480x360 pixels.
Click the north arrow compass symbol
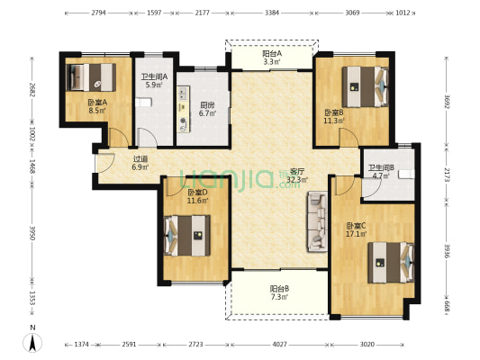coord(32,343)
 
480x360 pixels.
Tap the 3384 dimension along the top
coord(272,13)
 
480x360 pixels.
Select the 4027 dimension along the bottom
coord(279,345)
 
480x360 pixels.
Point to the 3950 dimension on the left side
coord(32,233)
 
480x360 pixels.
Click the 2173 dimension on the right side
coord(447,175)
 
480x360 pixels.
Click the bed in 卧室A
coord(91,77)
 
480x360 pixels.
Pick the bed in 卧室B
coord(366,87)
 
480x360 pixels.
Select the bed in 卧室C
coord(391,263)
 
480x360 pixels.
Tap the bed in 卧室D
coord(187,236)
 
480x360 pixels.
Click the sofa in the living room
coord(318,221)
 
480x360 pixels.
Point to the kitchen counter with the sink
coord(183,109)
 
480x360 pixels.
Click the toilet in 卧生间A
coord(143,103)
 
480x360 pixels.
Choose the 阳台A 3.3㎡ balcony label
coord(272,58)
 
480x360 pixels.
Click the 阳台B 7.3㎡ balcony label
coord(279,292)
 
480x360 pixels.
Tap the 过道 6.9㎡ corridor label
coord(140,163)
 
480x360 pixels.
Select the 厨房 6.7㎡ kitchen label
coord(207,110)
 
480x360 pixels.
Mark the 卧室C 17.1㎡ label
coord(356,230)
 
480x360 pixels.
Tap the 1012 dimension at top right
coord(403,13)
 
